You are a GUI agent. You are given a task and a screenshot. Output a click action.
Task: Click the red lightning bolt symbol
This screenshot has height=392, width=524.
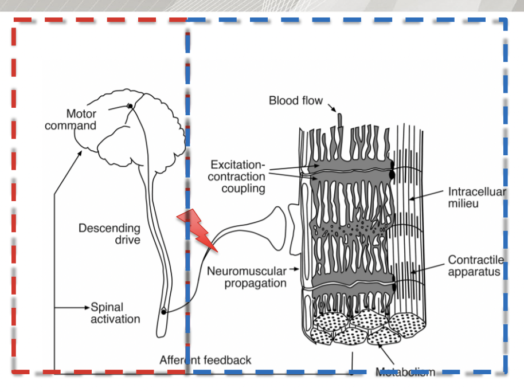click(x=197, y=229)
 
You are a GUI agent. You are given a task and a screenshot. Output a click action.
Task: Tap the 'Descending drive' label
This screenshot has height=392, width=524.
click(x=110, y=233)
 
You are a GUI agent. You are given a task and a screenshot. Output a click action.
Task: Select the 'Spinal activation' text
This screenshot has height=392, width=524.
click(x=115, y=313)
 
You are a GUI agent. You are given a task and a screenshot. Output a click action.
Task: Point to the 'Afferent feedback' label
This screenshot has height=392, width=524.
click(x=205, y=360)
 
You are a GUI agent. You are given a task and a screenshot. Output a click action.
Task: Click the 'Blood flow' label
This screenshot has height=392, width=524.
click(x=296, y=101)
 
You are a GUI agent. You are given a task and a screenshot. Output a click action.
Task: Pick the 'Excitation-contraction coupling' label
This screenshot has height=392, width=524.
click(x=237, y=176)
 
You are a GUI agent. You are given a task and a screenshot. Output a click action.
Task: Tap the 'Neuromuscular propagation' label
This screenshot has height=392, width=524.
click(x=247, y=276)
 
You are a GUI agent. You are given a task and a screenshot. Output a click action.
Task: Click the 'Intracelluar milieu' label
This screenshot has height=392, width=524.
click(x=476, y=197)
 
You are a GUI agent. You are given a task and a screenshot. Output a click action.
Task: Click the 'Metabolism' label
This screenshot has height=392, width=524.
click(x=405, y=372)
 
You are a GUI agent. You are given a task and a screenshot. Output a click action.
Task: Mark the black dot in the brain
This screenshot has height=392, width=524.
click(x=131, y=106)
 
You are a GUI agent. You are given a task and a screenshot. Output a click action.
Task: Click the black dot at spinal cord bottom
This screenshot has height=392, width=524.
click(x=163, y=312)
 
